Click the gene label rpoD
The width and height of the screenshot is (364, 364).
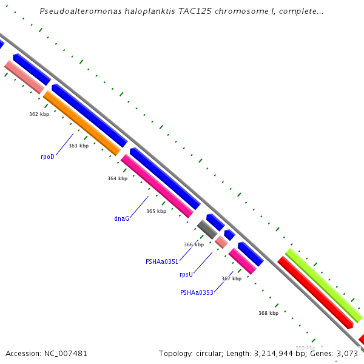pyautogui.click(x=47, y=157)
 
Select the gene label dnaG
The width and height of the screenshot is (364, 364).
pyautogui.click(x=121, y=218)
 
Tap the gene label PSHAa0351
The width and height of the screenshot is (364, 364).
pyautogui.click(x=162, y=262)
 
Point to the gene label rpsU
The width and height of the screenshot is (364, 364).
pyautogui.click(x=186, y=274)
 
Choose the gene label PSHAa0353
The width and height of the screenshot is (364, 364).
pyautogui.click(x=197, y=292)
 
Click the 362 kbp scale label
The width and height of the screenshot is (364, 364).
pyautogui.click(x=39, y=114)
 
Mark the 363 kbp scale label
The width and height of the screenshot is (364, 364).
pyautogui.click(x=78, y=146)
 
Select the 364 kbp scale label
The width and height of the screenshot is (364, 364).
pyautogui.click(x=117, y=178)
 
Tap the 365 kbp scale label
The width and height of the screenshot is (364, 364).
pyautogui.click(x=156, y=211)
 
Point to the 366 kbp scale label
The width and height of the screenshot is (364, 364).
pyautogui.click(x=194, y=244)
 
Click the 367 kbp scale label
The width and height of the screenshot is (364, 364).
pyautogui.click(x=231, y=278)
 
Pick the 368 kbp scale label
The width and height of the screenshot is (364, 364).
pyautogui.click(x=268, y=313)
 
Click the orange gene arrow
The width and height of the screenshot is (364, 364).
pyautogui.click(x=82, y=123)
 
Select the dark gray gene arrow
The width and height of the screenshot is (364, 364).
pyautogui.click(x=207, y=229)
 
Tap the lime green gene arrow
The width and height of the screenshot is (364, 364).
pyautogui.click(x=323, y=285)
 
